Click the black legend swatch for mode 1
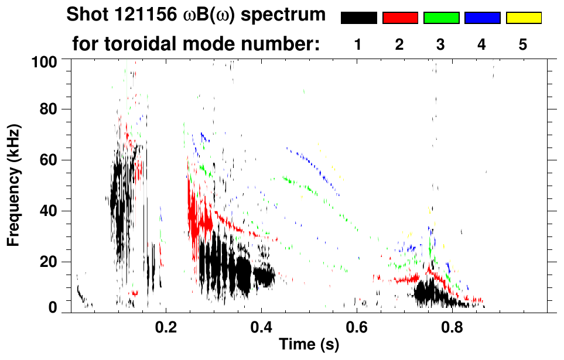coord(358,18)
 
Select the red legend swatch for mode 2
coord(400,18)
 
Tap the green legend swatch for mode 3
coord(441,18)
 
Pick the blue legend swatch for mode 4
coord(482,18)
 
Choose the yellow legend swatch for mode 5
coord(524,18)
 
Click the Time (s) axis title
coord(309,345)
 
